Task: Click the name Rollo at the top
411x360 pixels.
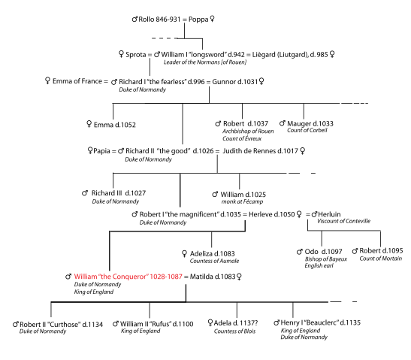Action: pos(147,20)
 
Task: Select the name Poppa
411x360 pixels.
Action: pos(198,20)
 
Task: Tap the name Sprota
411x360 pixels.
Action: pos(136,55)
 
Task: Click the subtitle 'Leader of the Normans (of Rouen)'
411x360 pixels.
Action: pos(205,62)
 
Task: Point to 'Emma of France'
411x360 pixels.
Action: pos(77,81)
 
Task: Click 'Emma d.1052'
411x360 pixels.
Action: pos(115,125)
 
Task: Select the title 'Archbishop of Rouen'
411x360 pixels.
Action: pos(248,131)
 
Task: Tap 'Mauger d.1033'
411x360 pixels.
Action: pos(310,124)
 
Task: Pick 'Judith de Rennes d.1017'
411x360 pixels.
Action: pos(260,151)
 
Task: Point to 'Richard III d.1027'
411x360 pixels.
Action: pos(119,193)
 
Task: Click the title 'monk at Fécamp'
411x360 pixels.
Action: pos(242,201)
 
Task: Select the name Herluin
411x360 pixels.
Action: pos(329,214)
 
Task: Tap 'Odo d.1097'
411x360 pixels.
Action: pos(323,252)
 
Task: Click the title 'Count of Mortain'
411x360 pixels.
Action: pos(381,259)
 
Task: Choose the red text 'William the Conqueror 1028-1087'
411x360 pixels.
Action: pos(128,277)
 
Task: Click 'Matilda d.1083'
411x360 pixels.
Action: pos(213,277)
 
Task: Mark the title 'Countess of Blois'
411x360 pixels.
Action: pos(234,331)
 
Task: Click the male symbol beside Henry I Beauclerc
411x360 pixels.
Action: pos(277,322)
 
